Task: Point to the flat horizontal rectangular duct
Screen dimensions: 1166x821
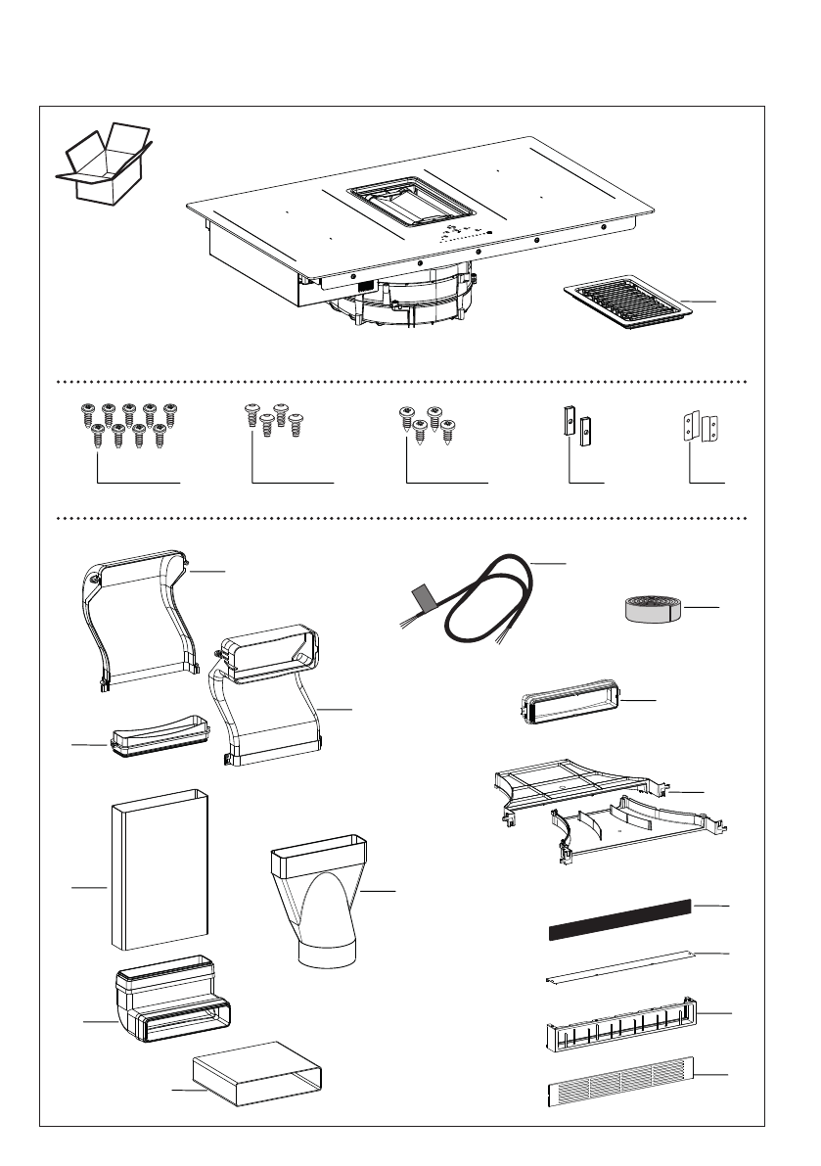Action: coord(257,1074)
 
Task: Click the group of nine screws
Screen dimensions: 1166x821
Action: coord(128,423)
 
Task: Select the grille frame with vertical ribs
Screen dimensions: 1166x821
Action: coord(620,1021)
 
